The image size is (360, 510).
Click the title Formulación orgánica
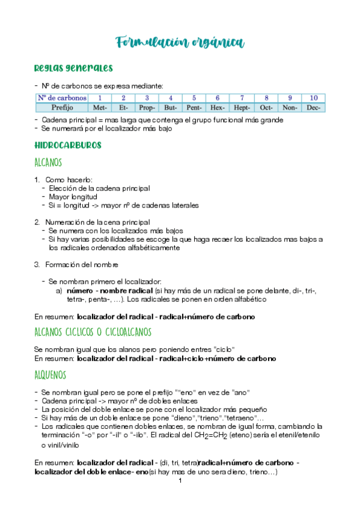(180, 41)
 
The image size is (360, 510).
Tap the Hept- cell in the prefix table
(242, 108)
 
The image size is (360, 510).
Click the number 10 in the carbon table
(314, 98)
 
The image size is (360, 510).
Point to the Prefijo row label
(62, 108)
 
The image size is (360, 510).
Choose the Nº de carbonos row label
(62, 98)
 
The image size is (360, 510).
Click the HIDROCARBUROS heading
(68, 146)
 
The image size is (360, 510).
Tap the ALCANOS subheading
(49, 162)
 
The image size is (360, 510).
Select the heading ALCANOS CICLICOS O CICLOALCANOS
(93, 331)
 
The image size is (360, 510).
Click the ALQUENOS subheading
(50, 375)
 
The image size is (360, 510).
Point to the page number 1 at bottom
(180, 481)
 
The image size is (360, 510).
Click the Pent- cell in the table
(194, 108)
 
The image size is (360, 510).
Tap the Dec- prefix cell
(314, 108)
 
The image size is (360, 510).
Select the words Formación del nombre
(81, 264)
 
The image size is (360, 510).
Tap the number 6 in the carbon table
(218, 98)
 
